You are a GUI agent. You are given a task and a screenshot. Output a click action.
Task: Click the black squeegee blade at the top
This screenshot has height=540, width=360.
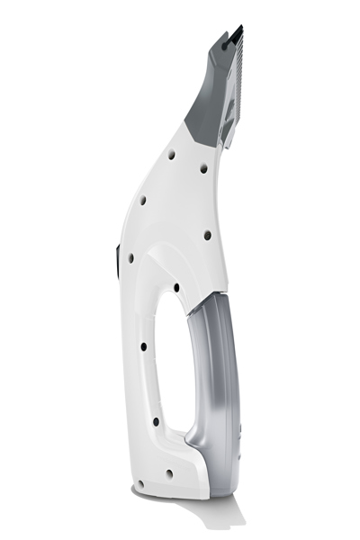pos(236,33)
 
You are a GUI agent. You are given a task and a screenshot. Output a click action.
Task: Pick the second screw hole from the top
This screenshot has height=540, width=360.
pos(203,168)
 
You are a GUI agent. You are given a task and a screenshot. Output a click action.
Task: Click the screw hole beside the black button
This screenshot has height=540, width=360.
pos(131,257)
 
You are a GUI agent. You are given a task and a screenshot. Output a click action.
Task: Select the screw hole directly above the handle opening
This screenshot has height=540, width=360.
pos(175,288)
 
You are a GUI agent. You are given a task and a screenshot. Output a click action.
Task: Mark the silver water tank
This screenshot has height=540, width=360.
pos(220,378)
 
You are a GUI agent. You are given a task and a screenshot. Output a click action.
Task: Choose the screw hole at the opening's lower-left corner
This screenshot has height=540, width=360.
pos(155,421)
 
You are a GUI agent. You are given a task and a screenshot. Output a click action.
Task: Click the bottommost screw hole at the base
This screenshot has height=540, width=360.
pos(168,472)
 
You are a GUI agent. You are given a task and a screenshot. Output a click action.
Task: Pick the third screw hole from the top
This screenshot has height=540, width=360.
pos(143,200)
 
